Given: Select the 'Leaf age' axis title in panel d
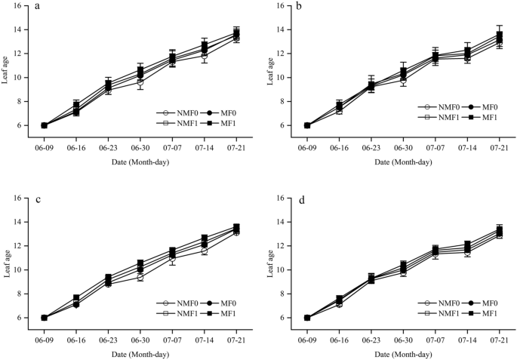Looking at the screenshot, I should pos(269,258).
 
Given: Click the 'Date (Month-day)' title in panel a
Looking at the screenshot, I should pos(140,162).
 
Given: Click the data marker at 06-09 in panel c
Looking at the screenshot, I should pos(44,318).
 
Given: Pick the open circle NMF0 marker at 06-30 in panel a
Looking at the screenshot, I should pos(140,82).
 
